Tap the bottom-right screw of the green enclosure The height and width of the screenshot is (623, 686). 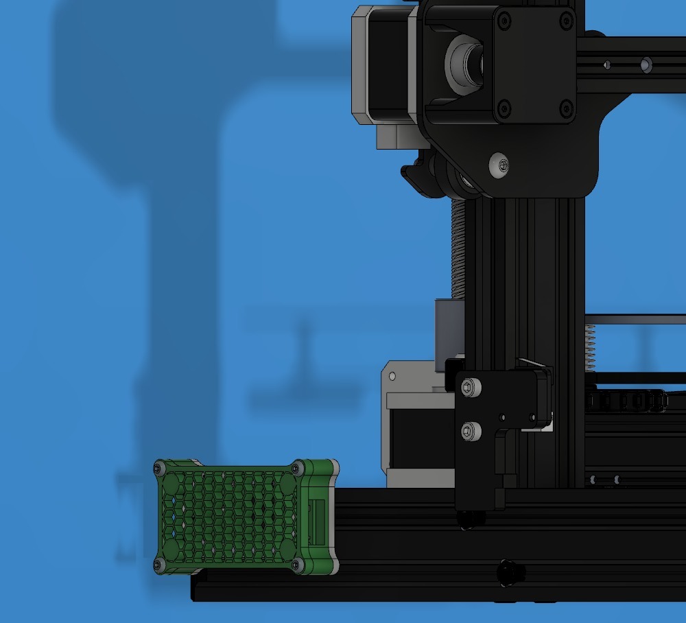tap(296, 565)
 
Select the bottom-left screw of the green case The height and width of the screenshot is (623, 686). tap(159, 565)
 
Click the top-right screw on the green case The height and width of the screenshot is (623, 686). tap(296, 468)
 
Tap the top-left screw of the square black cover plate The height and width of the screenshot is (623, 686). tap(504, 21)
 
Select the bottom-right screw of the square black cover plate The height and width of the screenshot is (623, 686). tap(566, 107)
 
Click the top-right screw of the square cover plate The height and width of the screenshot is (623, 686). tap(567, 21)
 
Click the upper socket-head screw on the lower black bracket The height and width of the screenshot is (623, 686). tap(468, 388)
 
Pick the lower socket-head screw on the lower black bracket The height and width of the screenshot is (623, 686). tap(468, 431)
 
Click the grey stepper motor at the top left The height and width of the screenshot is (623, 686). tap(381, 69)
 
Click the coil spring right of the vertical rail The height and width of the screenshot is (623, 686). tap(589, 346)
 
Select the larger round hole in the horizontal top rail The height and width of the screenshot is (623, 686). tap(646, 64)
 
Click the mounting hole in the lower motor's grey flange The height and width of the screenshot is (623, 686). tap(392, 377)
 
